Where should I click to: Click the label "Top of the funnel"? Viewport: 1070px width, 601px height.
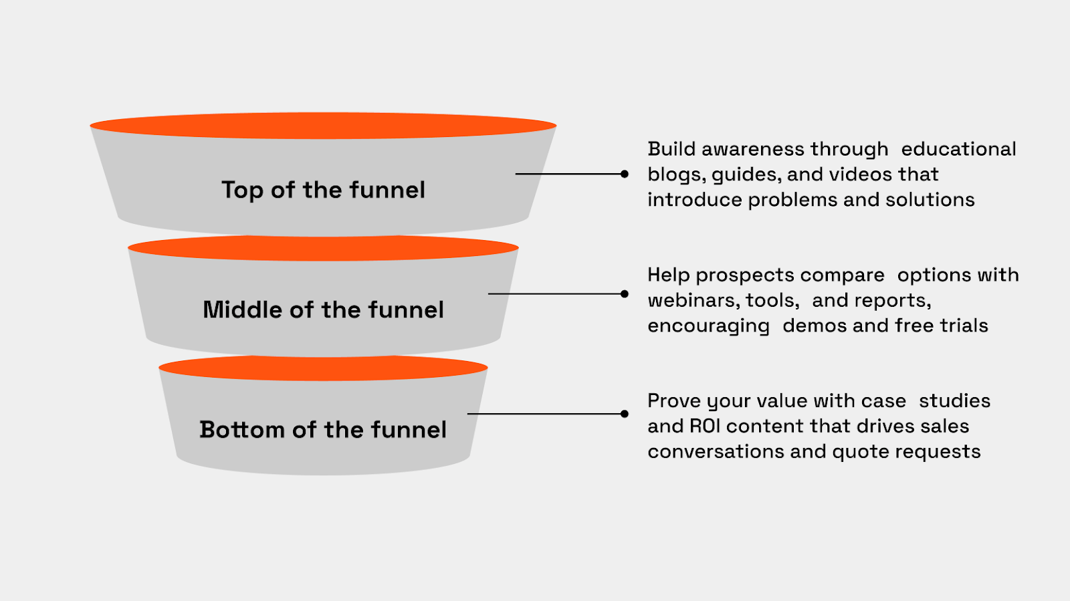(323, 190)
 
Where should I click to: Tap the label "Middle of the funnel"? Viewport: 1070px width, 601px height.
(323, 310)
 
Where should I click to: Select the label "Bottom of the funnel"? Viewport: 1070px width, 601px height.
(323, 429)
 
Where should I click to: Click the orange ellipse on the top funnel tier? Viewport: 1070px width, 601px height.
(323, 126)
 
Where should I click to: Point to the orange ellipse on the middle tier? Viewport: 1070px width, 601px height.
(323, 248)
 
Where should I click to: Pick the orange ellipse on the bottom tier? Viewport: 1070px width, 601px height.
(323, 368)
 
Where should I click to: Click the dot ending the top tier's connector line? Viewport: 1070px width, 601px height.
(625, 174)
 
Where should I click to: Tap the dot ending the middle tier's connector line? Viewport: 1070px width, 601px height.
(625, 293)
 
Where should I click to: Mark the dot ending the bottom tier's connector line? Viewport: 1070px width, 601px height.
(625, 414)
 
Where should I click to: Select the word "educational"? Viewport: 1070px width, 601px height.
(958, 149)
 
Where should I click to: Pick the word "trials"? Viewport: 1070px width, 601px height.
(964, 326)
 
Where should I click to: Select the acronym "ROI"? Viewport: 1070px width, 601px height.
(705, 427)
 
